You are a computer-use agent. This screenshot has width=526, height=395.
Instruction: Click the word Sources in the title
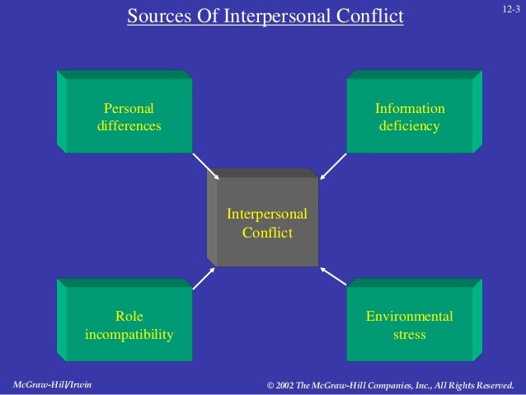click(157, 16)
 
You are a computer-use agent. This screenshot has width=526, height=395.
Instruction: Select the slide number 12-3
click(510, 8)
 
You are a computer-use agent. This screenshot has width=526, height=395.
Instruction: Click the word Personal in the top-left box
click(129, 109)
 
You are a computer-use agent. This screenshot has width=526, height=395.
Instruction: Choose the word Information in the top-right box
click(410, 109)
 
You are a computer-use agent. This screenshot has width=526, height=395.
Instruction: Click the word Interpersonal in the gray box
click(267, 214)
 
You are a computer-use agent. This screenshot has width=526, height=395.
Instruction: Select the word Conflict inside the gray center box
click(267, 233)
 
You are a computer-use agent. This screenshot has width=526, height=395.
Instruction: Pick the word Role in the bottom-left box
click(129, 316)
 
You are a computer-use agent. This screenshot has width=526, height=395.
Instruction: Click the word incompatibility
click(129, 335)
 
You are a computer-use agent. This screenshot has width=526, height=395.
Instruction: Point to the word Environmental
click(410, 316)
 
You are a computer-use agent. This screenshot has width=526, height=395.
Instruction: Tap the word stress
click(410, 335)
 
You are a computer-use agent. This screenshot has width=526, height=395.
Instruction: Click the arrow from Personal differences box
click(206, 165)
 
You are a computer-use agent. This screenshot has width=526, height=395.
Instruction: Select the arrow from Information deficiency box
click(333, 165)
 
